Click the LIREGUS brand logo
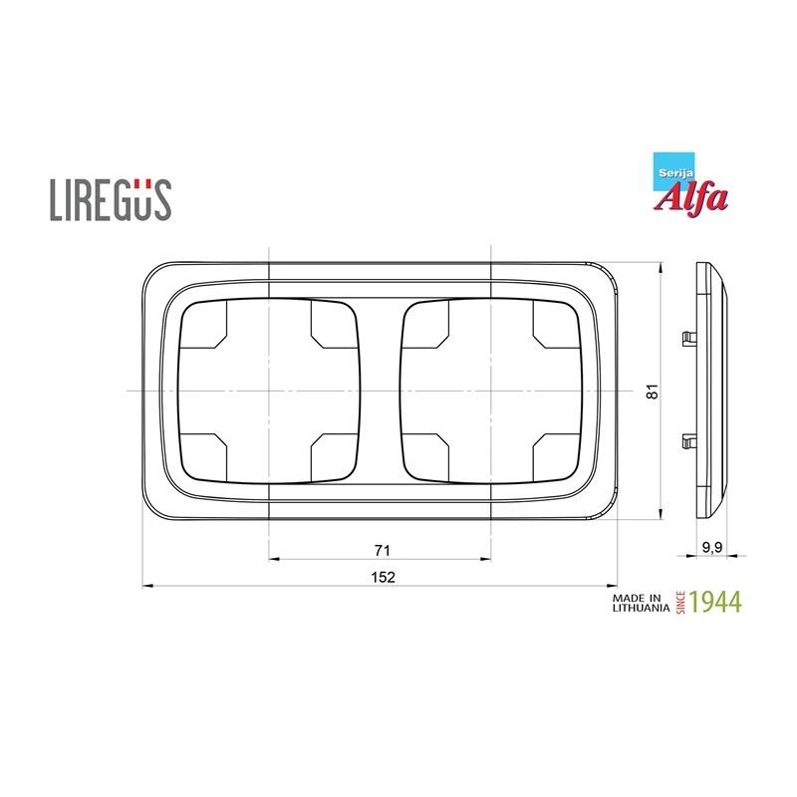coord(111,198)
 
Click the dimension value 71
coord(381,550)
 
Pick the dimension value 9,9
coord(712,547)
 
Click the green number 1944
coord(715,602)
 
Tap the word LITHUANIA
coord(638,608)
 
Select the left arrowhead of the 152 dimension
coord(147,585)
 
